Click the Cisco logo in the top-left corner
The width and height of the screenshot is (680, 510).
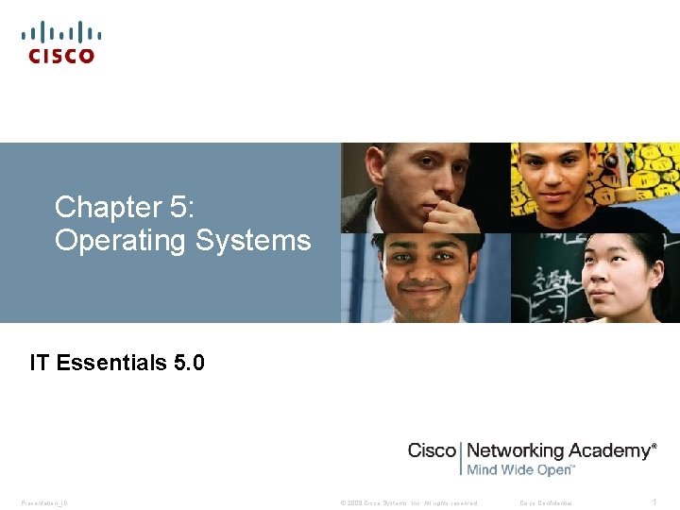coord(61,42)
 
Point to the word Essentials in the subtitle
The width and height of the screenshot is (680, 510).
coord(112,363)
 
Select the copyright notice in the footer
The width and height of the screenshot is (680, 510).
coord(409,502)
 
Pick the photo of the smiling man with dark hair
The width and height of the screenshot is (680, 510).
coord(425,279)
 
